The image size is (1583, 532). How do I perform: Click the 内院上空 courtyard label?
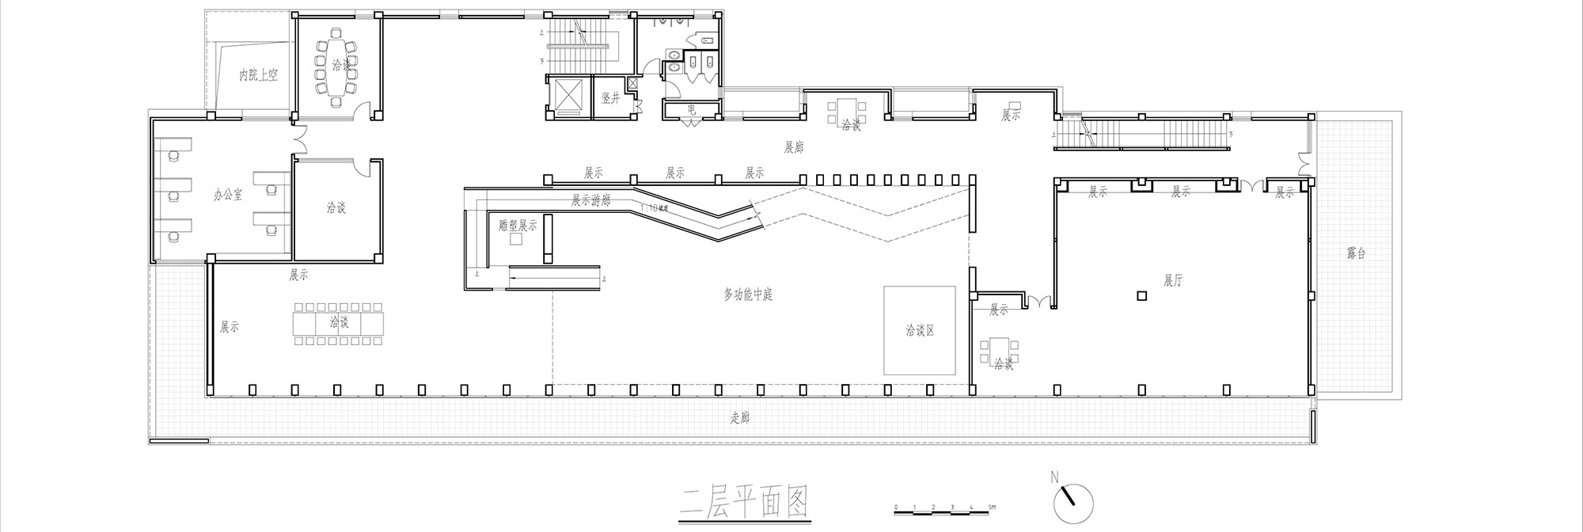point(259,75)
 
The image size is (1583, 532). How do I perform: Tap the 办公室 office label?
point(229,194)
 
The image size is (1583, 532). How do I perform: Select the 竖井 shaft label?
point(610,98)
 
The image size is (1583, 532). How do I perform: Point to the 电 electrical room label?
point(691,110)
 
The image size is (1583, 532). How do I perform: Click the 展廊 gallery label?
point(793,147)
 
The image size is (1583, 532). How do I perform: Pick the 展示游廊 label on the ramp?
point(590,201)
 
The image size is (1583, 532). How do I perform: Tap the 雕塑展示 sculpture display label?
point(518,225)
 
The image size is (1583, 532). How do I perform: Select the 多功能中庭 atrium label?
point(748,294)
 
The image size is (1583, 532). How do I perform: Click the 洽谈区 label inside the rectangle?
point(921,330)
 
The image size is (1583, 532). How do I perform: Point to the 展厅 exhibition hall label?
point(1173,280)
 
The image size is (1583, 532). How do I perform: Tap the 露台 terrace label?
point(1356,254)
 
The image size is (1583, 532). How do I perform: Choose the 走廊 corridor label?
point(739,419)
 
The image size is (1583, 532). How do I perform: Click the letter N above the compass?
point(1054,477)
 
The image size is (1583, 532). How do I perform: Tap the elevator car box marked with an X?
point(568,97)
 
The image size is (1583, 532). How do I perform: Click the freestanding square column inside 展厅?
point(1141,296)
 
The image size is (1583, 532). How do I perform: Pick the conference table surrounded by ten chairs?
point(336,66)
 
